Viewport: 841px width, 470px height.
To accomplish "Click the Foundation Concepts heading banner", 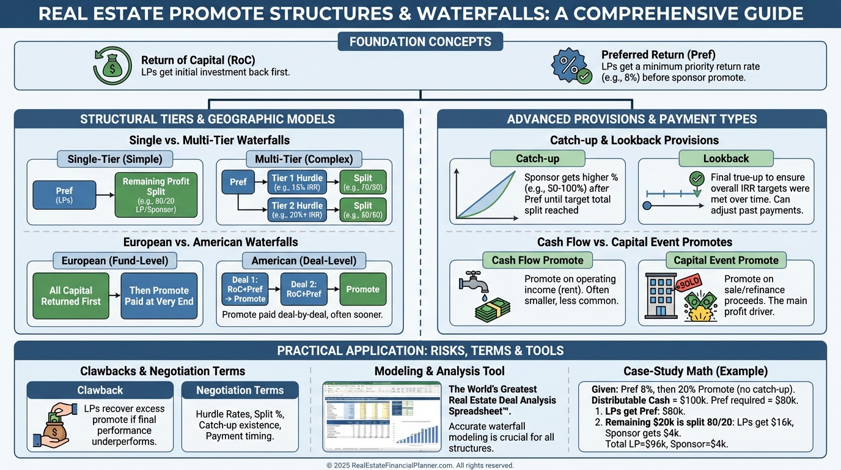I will coord(420,42).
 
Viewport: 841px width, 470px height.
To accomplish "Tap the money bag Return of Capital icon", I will coord(112,66).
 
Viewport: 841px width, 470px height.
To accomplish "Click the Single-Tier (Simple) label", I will coord(115,159).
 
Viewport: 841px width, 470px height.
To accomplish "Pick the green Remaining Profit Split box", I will coord(156,195).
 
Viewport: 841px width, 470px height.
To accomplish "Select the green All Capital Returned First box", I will coord(71,296).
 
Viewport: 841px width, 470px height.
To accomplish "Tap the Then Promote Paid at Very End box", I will coord(159,296).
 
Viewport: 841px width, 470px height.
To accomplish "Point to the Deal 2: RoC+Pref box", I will coord(304,289).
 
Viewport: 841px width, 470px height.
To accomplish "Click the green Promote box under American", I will coord(362,289).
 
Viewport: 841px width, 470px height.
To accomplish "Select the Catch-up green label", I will coord(537,159).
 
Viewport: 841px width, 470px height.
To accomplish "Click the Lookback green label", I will coord(725,159).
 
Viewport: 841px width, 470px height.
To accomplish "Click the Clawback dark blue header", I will coord(100,390).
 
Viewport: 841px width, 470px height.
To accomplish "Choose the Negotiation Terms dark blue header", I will coord(240,390).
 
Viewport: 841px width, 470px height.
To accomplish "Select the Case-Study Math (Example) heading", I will coord(696,371).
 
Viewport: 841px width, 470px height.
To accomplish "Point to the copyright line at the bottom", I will coord(420,465).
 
